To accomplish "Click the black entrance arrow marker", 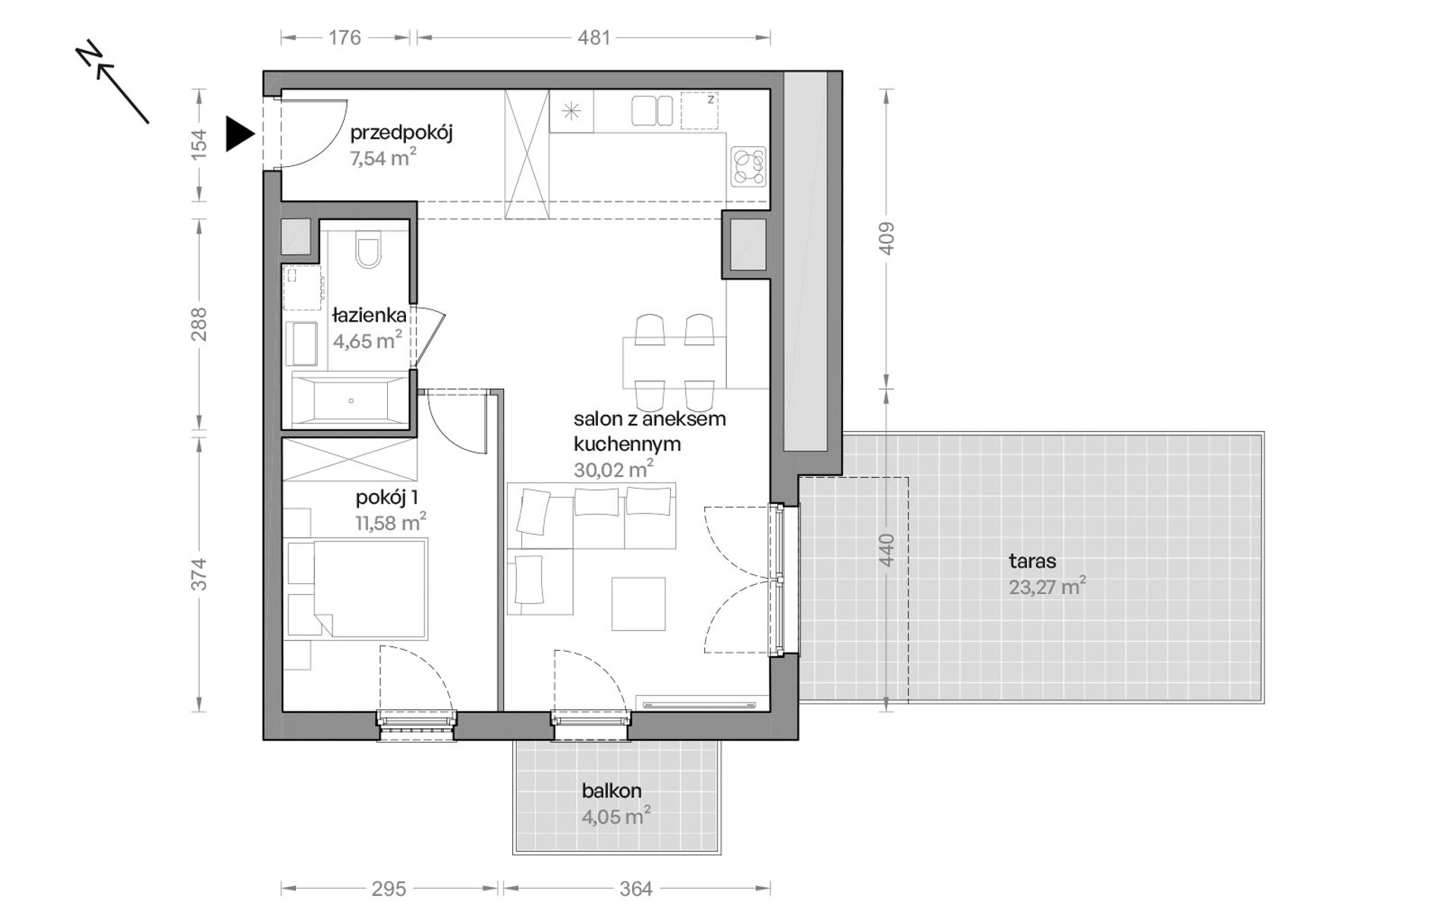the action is click(239, 135).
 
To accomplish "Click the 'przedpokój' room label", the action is click(401, 134).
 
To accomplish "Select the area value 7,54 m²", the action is click(383, 158).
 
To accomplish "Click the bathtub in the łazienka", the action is click(351, 399).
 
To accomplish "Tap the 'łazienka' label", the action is click(369, 316).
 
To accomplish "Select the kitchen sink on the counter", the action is click(652, 111).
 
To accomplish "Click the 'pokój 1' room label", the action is click(386, 498).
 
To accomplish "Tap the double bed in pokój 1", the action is click(357, 588).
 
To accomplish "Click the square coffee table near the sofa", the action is click(639, 604).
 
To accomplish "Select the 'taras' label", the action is click(1032, 561).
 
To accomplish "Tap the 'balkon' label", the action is click(612, 791).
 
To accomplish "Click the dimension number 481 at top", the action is click(593, 37).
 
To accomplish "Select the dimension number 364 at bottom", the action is click(636, 888).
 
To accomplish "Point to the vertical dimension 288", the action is click(199, 324).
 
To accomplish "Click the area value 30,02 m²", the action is click(613, 470).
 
